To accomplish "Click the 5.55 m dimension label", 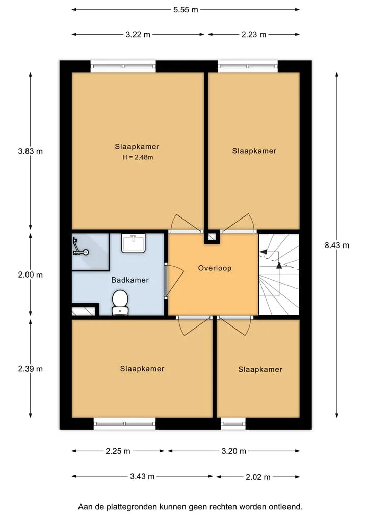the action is [x=186, y=10].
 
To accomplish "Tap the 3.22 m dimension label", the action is [x=138, y=34].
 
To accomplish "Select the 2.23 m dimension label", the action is [x=254, y=34].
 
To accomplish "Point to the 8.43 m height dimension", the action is [x=337, y=245].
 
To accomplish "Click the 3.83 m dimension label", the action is [x=31, y=151].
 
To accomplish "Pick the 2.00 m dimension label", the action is [x=31, y=275].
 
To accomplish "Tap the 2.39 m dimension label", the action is [x=31, y=369].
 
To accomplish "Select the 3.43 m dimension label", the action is [x=142, y=476].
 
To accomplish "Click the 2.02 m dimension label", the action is [x=258, y=477].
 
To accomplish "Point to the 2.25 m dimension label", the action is [x=118, y=451].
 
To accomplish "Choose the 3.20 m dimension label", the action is [x=234, y=451].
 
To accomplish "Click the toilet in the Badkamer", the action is [x=120, y=302].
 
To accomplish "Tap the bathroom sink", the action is [x=133, y=243].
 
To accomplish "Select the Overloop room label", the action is [x=215, y=268].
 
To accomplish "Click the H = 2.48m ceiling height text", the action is [x=138, y=157].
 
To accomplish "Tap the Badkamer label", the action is [x=130, y=280].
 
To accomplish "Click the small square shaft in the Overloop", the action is [x=212, y=237].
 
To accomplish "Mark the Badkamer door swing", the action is [x=174, y=281].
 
